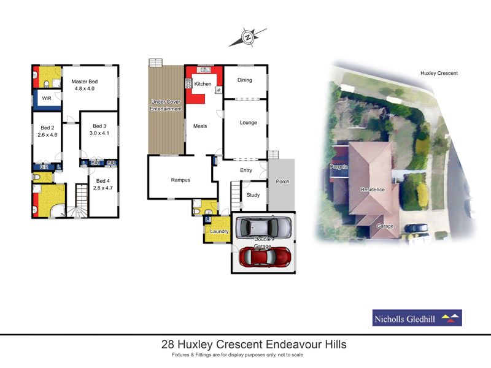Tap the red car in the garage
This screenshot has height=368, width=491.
262,256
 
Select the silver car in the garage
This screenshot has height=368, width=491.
264,227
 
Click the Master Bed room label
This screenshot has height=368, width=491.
85,82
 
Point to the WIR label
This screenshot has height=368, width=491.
46,98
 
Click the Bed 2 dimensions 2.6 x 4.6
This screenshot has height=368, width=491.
47,134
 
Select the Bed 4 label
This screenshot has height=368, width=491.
102,181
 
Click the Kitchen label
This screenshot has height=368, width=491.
203,84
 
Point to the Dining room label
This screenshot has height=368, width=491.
244,80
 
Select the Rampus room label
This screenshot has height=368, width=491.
180,180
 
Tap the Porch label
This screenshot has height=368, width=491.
282,182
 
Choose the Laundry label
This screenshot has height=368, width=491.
219,232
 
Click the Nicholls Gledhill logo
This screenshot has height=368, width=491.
417,318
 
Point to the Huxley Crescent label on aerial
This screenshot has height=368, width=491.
439,73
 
